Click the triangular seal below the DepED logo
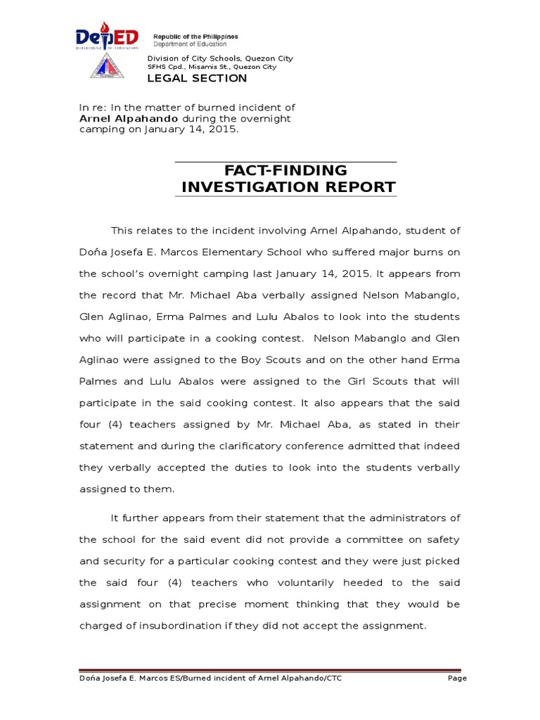[x=107, y=67]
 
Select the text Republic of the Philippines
[x=195, y=37]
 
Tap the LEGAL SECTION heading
[x=197, y=78]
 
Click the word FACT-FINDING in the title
[x=285, y=170]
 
